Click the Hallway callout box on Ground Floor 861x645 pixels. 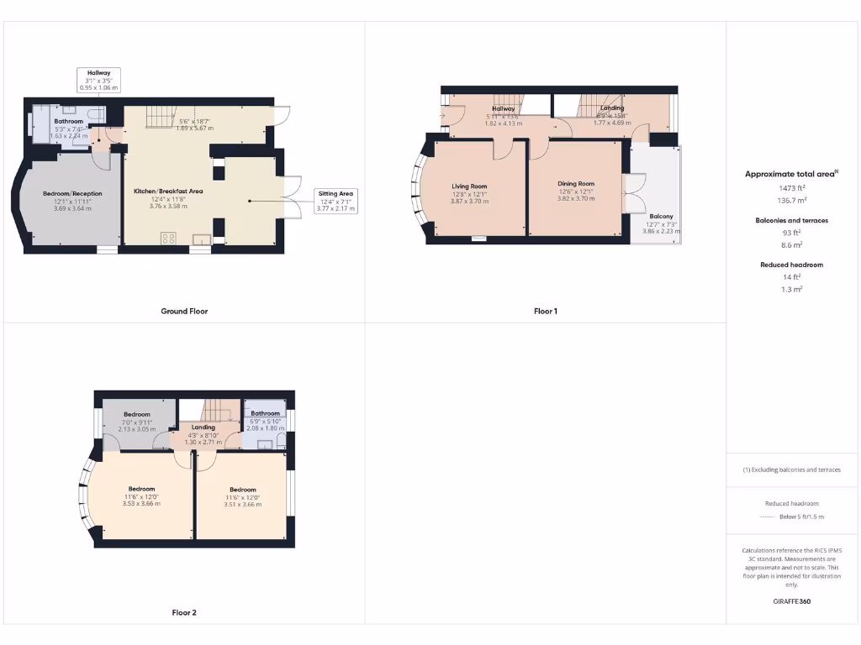[99, 80]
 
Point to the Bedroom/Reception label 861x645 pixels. [72, 194]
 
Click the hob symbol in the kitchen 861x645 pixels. [168, 239]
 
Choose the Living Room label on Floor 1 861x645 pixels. [469, 186]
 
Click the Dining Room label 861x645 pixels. [576, 184]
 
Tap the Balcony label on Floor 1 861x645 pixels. [660, 217]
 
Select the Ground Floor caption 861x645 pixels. [184, 312]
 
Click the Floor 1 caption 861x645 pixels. [545, 312]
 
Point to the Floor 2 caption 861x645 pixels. [184, 613]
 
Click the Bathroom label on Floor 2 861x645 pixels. [265, 413]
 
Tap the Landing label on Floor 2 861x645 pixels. [203, 427]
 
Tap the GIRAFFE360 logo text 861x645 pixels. [791, 601]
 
